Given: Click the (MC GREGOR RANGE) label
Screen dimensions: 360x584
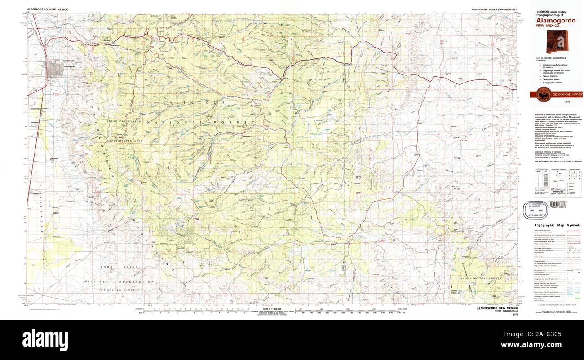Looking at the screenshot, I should coord(118,291).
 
